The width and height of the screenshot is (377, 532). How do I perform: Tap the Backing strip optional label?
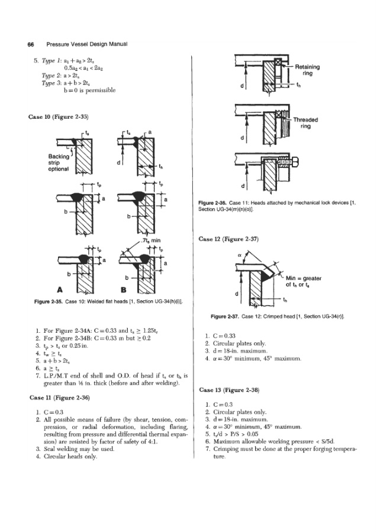pyautogui.click(x=60, y=161)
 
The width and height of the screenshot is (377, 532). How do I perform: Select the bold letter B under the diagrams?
pyautogui.click(x=124, y=290)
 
